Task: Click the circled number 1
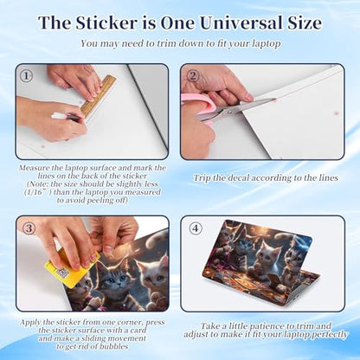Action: pos(26,76)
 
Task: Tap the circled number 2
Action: pos(193,76)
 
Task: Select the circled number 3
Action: pos(29,228)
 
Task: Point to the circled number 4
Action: pos(196,228)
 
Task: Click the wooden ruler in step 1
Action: pos(99,96)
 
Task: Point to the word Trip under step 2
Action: pos(202,178)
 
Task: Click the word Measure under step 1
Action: pos(34,168)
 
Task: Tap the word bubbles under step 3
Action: pos(113,346)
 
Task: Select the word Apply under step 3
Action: pos(29,323)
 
